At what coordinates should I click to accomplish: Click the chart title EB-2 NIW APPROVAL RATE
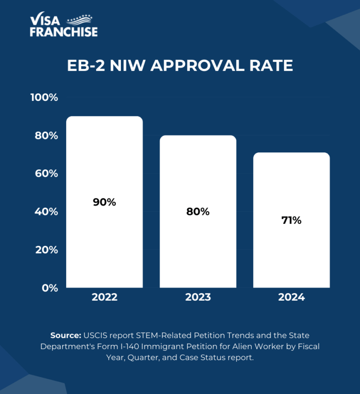(180, 66)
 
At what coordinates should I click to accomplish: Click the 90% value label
(104, 202)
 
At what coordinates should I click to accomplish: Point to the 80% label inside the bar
(198, 212)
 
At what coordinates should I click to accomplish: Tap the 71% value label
(292, 220)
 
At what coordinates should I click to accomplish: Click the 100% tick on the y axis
(44, 98)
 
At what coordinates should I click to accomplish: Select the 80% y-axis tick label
(46, 136)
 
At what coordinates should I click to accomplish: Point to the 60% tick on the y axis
(46, 174)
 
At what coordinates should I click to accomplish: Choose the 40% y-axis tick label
(46, 212)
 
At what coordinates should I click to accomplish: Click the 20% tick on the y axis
(46, 250)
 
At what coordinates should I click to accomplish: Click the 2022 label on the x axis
(104, 297)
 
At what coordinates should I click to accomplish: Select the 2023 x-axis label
(198, 297)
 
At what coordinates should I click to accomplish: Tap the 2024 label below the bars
(292, 297)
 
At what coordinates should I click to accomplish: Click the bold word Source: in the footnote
(66, 336)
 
